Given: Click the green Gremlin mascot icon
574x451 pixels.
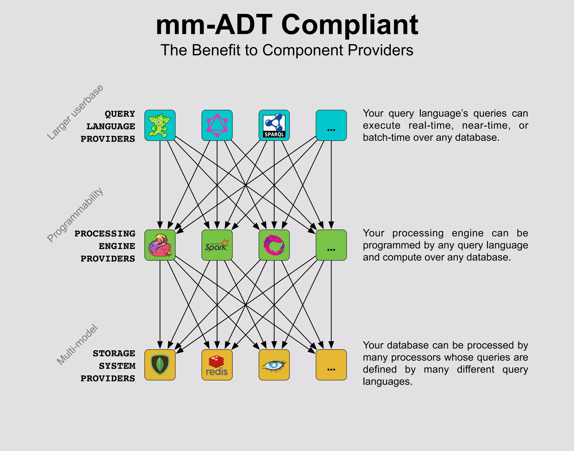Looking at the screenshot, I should pos(160,125).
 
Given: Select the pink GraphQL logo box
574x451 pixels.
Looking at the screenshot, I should pos(217,125).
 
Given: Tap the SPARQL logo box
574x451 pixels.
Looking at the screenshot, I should pos(274,125).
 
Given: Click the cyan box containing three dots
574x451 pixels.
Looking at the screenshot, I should pos(331,125).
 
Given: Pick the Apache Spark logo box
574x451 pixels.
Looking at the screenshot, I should pos(217,245).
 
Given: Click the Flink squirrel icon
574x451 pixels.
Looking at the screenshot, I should pos(160,245).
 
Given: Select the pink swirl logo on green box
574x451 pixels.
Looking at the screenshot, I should pos(274,245).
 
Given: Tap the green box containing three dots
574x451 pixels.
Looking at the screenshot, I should pos(331,245).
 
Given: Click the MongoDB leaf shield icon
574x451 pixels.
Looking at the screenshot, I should pos(160,365).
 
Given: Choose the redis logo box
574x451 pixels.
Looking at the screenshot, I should pos(217,365).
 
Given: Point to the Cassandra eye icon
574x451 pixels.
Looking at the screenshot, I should pos(274,365).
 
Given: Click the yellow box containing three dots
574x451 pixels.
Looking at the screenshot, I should pos(331,365).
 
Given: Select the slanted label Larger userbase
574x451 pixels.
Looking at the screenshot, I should pos(75,112).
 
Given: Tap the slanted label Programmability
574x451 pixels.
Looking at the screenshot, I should pos(75,214).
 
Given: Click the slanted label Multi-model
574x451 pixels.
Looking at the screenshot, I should pos(77,345).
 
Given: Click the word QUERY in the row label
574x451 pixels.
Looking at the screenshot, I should pos(120,114).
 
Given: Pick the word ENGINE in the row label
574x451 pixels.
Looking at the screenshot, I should pos(117,246).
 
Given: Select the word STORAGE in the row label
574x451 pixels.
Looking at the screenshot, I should pos(114,353).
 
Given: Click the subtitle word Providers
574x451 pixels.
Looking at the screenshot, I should pos(380,50).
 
